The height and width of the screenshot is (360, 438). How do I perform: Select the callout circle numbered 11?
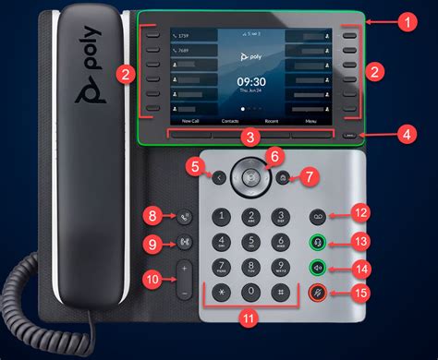click(246, 318)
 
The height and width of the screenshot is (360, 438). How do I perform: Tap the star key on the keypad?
click(221, 293)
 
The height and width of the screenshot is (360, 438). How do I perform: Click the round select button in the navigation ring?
click(247, 173)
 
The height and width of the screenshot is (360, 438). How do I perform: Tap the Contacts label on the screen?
click(231, 121)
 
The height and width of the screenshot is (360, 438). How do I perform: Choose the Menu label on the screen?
click(310, 121)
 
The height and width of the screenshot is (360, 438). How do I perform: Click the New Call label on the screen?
click(190, 121)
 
